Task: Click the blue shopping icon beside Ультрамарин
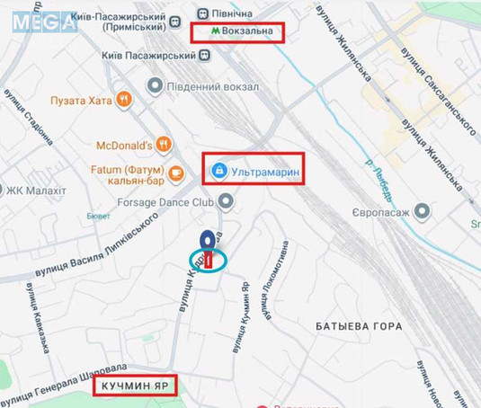[x=218, y=169]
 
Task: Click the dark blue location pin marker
[x=208, y=242]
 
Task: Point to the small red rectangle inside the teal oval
[x=209, y=261]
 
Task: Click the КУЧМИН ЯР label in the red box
[x=134, y=386]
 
